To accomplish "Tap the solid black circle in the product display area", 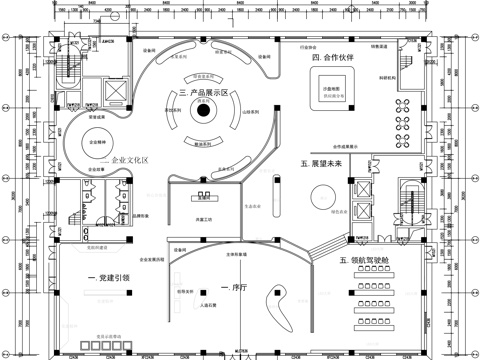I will click(x=204, y=112).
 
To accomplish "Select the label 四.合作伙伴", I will click(x=333, y=58).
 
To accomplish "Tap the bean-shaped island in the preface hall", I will click(x=283, y=297).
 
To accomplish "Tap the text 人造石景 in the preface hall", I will click(x=210, y=305).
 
